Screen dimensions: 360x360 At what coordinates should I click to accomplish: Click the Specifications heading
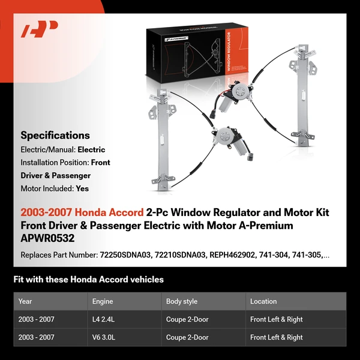[55, 136]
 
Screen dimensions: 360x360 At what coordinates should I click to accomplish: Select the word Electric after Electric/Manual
[91, 149]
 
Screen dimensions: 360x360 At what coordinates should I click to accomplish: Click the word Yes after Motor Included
[83, 188]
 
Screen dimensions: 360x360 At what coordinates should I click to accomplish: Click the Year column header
[25, 301]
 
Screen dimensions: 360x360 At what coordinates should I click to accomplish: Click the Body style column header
[182, 301]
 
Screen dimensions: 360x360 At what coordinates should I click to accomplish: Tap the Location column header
[263, 301]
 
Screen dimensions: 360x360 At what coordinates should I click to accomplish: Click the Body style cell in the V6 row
[187, 337]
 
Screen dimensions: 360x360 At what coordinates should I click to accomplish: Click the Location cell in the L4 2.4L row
[276, 319]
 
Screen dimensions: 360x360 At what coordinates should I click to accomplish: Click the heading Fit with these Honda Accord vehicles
[88, 280]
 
